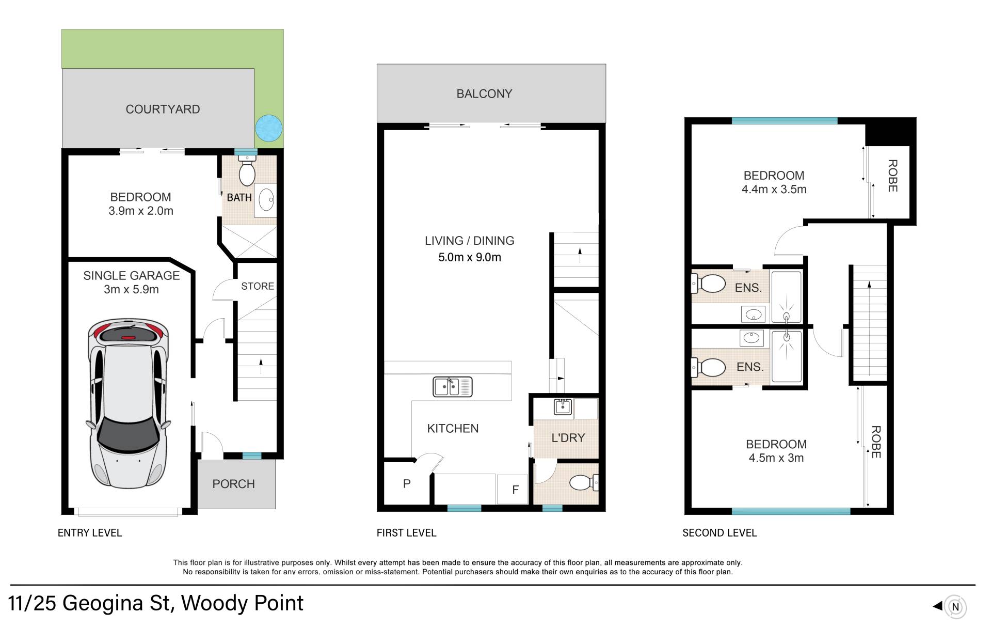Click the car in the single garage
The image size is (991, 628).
(x=129, y=403)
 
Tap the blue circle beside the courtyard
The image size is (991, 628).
(x=269, y=128)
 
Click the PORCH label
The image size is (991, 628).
(x=233, y=484)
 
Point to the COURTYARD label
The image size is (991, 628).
(x=163, y=109)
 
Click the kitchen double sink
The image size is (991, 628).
(x=453, y=387)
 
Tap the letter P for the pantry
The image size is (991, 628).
(x=407, y=484)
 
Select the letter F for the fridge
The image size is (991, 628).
(x=515, y=490)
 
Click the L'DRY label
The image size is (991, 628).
(x=568, y=438)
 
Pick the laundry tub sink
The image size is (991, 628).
(x=563, y=406)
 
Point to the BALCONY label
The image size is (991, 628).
(x=484, y=94)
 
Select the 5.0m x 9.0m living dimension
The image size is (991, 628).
(x=470, y=257)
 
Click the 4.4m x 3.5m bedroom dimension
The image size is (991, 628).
(x=774, y=190)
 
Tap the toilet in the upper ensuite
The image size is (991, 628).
(x=708, y=284)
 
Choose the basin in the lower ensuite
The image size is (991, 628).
(x=752, y=338)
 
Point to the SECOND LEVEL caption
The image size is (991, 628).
(x=720, y=533)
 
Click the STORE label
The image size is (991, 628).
(x=258, y=286)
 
